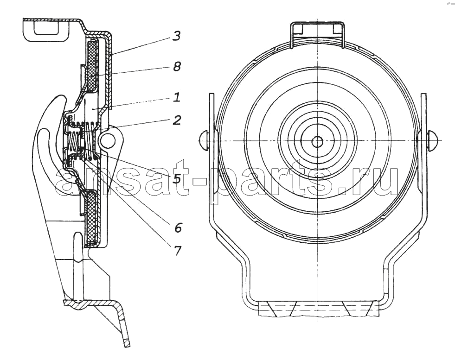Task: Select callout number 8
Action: [176, 67]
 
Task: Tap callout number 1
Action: [177, 97]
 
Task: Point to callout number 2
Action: [177, 120]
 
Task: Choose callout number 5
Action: [176, 179]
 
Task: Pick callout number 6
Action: [178, 227]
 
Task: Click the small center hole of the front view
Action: [318, 141]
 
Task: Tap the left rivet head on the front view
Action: [205, 140]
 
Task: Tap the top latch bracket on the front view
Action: [318, 33]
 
